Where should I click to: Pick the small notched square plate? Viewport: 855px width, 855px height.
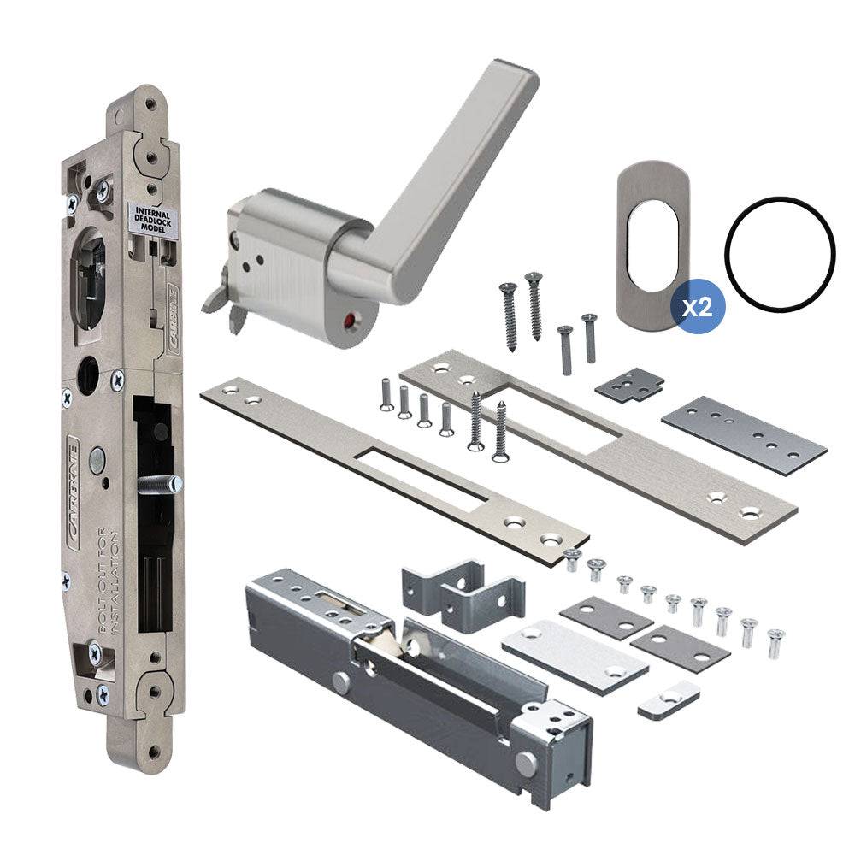630,383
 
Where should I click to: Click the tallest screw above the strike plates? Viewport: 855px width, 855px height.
535,304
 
